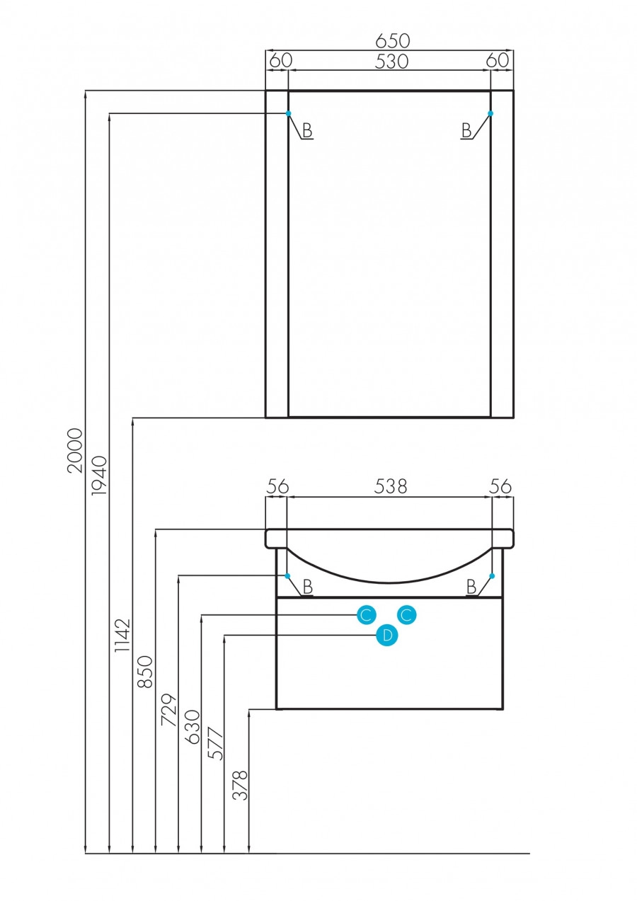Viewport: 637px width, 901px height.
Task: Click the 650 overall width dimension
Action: pyautogui.click(x=393, y=40)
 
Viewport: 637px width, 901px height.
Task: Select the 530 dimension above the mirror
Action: pyautogui.click(x=391, y=62)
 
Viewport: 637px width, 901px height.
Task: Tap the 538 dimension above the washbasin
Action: pyautogui.click(x=391, y=486)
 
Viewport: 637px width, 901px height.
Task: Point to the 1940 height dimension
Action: pyautogui.click(x=99, y=475)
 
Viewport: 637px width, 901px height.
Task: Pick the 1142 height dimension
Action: pyautogui.click(x=123, y=635)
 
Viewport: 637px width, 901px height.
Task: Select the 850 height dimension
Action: pyautogui.click(x=145, y=672)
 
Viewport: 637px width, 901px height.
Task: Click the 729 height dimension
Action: pyautogui.click(x=168, y=710)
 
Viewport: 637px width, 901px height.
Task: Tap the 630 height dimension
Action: pyautogui.click(x=193, y=726)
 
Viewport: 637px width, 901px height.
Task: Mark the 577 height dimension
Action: pyautogui.click(x=215, y=743)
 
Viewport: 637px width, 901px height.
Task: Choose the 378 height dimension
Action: pyautogui.click(x=241, y=785)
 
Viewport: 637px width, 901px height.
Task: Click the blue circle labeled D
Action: pyautogui.click(x=387, y=636)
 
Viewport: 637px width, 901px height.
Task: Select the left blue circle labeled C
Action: pyautogui.click(x=366, y=616)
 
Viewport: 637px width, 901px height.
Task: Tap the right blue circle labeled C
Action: pyautogui.click(x=407, y=616)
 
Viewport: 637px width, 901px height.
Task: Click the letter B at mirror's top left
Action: pyautogui.click(x=307, y=130)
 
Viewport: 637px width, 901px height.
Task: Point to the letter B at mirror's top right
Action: pyautogui.click(x=466, y=130)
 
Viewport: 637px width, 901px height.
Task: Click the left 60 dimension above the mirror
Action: pyautogui.click(x=280, y=61)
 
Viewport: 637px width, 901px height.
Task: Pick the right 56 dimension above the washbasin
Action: pyautogui.click(x=500, y=486)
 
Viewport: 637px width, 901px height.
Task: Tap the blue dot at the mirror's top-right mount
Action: pyautogui.click(x=490, y=113)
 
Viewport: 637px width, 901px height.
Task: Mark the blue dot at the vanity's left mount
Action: pyautogui.click(x=287, y=576)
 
